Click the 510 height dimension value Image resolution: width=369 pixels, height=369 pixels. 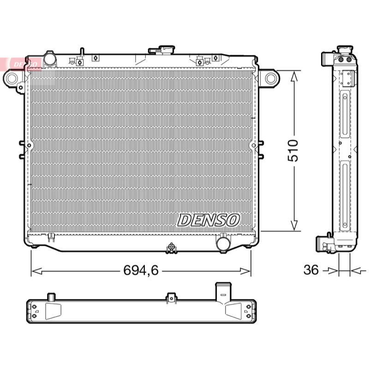coord(293,151)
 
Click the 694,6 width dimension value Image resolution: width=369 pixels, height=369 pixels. coord(141,270)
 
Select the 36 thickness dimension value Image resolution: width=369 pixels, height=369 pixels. coord(311,270)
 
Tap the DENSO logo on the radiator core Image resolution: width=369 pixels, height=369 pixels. coord(208,220)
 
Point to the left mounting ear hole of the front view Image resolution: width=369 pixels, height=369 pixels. coord(11,78)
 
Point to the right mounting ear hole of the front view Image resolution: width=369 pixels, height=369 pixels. coord(270,78)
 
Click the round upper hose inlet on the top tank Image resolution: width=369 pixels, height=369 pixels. coord(50,59)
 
